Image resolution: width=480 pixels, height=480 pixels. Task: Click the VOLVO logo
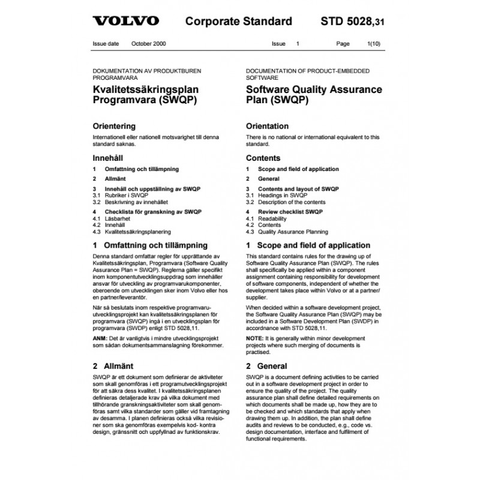pyautogui.click(x=125, y=22)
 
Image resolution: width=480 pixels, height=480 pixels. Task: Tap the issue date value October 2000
pyautogui.click(x=150, y=44)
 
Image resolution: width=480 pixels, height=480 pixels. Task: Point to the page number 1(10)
pyautogui.click(x=374, y=44)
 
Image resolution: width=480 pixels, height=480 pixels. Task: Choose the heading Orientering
pyautogui.click(x=114, y=127)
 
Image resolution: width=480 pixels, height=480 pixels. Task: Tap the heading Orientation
pyautogui.click(x=267, y=127)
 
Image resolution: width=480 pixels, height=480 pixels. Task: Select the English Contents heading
pyautogui.click(x=263, y=158)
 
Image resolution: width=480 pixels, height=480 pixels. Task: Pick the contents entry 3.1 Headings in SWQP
pyautogui.click(x=282, y=196)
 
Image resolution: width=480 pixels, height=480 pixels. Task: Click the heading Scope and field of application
pyautogui.click(x=313, y=245)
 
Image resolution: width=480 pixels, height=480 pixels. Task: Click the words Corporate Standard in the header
pyautogui.click(x=238, y=22)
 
